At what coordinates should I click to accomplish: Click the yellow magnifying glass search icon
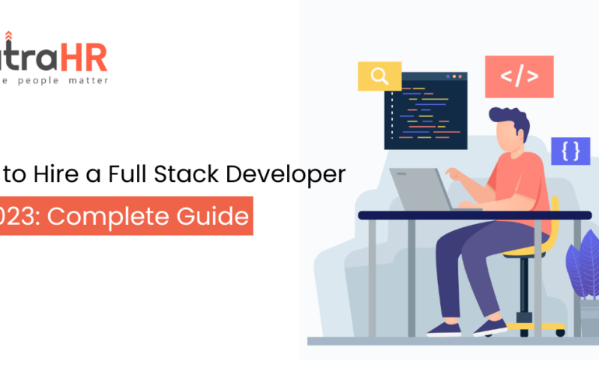tap(379, 76)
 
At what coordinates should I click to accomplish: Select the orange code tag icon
tap(519, 76)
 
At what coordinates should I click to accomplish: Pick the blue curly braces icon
tap(570, 150)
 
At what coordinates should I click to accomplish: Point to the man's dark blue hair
tap(513, 121)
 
